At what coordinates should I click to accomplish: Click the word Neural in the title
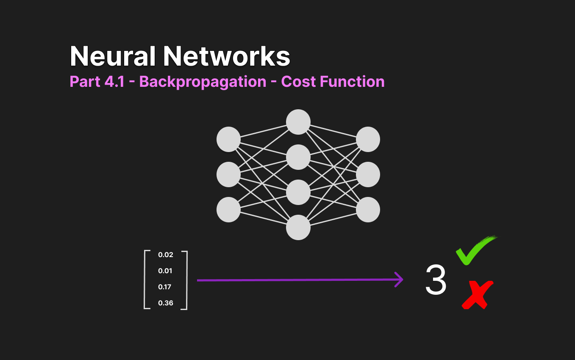point(113,56)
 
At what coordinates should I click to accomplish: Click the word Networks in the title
point(227,56)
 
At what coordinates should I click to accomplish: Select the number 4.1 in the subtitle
point(114,82)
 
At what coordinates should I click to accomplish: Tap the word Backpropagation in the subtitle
point(203,82)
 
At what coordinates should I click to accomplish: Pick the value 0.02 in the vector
point(166,255)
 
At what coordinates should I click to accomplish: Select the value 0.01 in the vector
point(165,271)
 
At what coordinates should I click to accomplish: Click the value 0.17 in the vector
point(164,287)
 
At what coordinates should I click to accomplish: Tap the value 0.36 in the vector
point(166,303)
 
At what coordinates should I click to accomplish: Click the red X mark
point(478,295)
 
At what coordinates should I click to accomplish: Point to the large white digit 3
point(436,280)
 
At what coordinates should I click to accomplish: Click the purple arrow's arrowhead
point(399,280)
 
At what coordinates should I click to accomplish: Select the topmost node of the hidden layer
point(298,122)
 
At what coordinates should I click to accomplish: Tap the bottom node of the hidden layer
point(298,227)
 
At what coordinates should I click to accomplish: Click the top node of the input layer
point(228,139)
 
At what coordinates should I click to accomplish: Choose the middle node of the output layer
point(368,174)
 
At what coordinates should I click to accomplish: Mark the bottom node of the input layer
point(228,210)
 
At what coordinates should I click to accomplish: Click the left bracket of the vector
point(144,280)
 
